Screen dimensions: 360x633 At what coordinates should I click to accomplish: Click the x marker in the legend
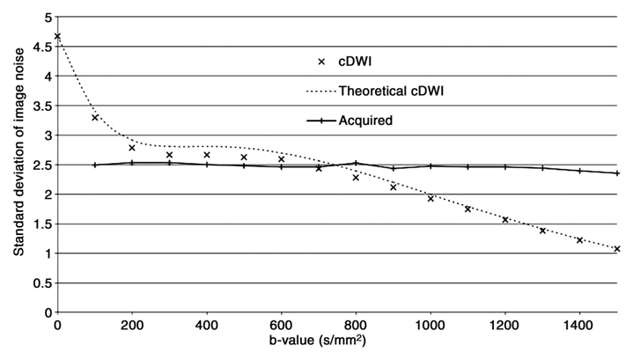point(320,61)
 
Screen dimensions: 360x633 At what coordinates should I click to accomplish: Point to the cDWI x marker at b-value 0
point(57,36)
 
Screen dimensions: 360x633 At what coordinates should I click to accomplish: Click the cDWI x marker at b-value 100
point(95,117)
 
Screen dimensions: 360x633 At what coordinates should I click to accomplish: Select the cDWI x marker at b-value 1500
point(618,249)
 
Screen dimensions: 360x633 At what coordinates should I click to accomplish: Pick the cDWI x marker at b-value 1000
point(431,199)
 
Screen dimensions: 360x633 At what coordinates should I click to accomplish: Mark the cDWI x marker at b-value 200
point(132,148)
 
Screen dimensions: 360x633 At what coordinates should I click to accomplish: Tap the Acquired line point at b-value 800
point(356,163)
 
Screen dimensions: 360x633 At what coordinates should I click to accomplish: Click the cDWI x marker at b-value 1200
point(505,219)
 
